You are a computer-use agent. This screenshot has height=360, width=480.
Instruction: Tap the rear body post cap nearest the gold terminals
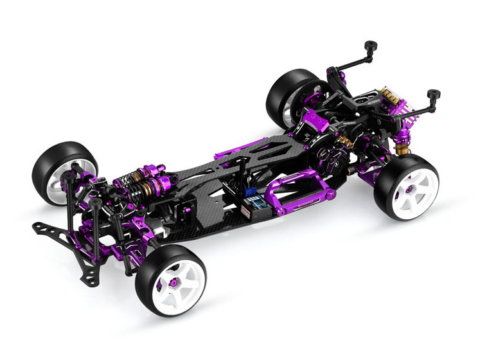(x=434, y=94)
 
